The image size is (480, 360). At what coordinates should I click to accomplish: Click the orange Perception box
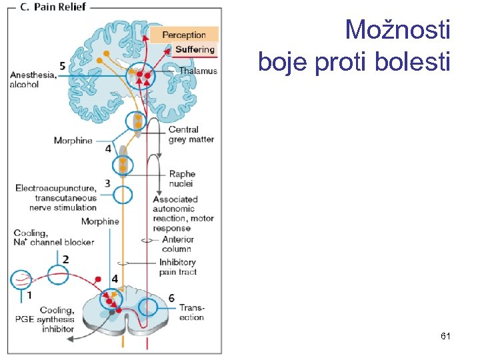(184, 35)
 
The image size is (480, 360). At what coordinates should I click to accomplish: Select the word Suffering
(195, 49)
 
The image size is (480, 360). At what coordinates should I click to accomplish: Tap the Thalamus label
(198, 71)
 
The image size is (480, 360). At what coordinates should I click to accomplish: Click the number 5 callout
(62, 65)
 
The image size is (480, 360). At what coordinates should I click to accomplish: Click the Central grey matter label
(191, 134)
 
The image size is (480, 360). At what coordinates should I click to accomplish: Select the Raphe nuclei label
(181, 179)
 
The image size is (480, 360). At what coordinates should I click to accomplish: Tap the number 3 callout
(107, 182)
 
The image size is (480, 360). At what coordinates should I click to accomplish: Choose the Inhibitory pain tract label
(177, 267)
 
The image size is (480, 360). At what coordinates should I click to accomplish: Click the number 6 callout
(171, 297)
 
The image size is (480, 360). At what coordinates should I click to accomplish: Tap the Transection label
(191, 313)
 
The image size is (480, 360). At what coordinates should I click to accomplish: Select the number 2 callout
(65, 259)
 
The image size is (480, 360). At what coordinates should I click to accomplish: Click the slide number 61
(446, 337)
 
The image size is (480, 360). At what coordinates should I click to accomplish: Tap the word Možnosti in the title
(397, 31)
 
